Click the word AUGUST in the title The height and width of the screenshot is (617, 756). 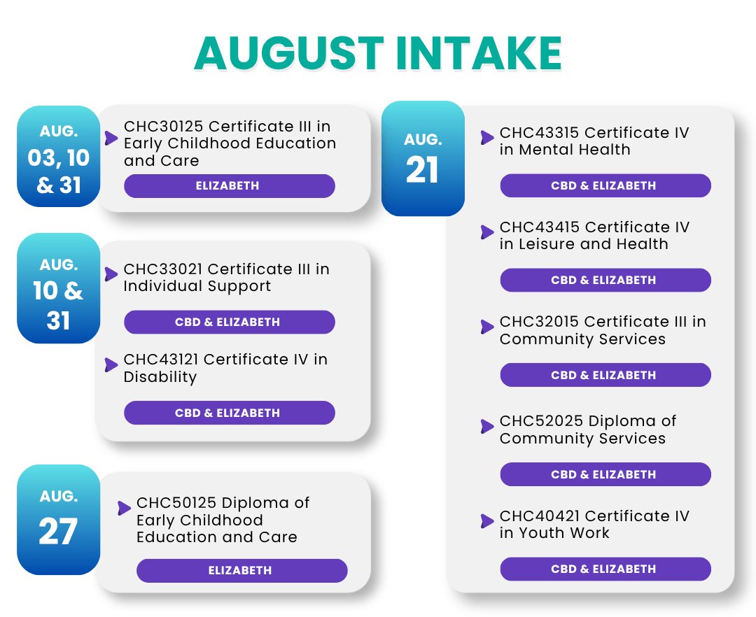tap(289, 53)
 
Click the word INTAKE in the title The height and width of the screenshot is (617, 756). tap(479, 53)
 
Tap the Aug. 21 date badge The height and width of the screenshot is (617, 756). tap(423, 159)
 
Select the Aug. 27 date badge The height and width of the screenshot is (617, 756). tap(58, 520)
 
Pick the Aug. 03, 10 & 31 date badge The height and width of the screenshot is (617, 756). tap(58, 157)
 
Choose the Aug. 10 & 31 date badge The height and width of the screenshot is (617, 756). tap(58, 288)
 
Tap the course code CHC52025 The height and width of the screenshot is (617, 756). tap(541, 420)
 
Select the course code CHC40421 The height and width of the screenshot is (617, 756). tap(540, 516)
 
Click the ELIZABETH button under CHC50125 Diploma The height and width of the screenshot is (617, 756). tap(242, 571)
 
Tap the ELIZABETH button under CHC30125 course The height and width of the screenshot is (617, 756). tap(230, 186)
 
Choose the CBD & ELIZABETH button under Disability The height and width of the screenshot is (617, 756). tap(230, 413)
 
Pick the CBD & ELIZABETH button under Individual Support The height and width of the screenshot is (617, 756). tap(230, 322)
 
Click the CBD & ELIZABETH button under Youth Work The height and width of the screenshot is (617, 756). tap(605, 569)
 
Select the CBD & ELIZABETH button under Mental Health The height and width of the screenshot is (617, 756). tap(605, 186)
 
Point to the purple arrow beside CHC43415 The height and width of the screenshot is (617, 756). tap(487, 232)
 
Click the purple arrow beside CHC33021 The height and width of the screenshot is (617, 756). tap(111, 274)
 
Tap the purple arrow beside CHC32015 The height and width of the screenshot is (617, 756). tap(487, 327)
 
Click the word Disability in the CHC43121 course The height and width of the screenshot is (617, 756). tap(160, 377)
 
